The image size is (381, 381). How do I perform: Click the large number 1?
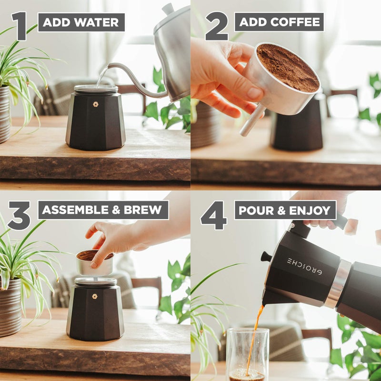pyautogui.click(x=19, y=26)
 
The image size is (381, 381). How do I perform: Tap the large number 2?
pyautogui.click(x=217, y=26)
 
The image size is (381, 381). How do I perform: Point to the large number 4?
pyautogui.click(x=214, y=215)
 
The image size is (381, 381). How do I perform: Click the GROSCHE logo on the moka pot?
pyautogui.click(x=304, y=267)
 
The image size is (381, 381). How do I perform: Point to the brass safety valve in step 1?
pyautogui.click(x=96, y=104)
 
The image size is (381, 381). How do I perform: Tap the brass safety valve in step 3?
pyautogui.click(x=95, y=296)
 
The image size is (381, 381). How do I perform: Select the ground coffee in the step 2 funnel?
pyautogui.click(x=288, y=67)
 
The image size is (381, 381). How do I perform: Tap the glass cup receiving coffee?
pyautogui.click(x=247, y=352)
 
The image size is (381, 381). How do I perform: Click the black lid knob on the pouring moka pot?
pyautogui.click(x=266, y=257)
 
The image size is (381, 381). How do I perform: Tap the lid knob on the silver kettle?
pyautogui.click(x=168, y=8)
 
